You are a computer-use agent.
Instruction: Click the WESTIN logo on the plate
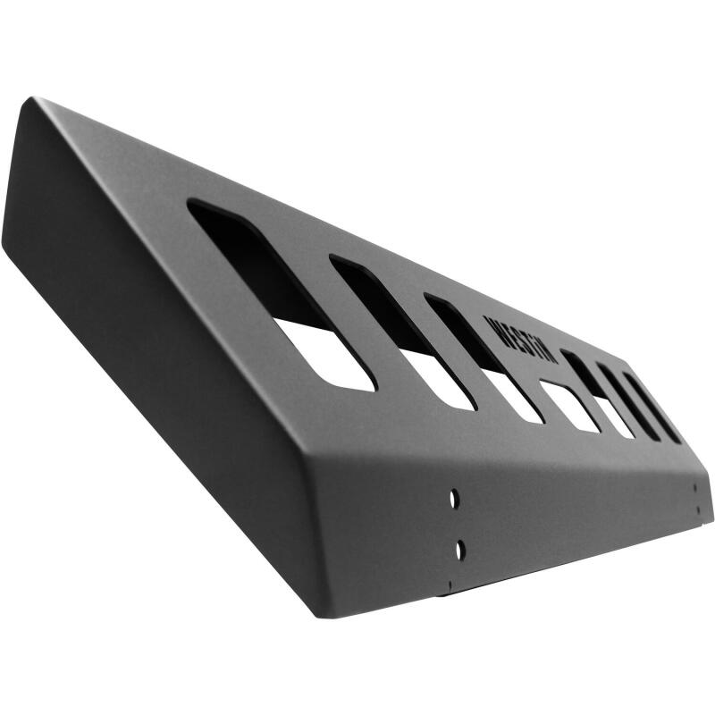point(520,340)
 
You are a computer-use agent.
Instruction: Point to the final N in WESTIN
point(549,356)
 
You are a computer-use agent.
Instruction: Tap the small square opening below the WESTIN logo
point(569,406)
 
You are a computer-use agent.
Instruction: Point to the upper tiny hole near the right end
point(695,488)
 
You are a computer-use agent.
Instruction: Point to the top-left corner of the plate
point(33,99)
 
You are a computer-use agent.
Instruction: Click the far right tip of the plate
point(711,500)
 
